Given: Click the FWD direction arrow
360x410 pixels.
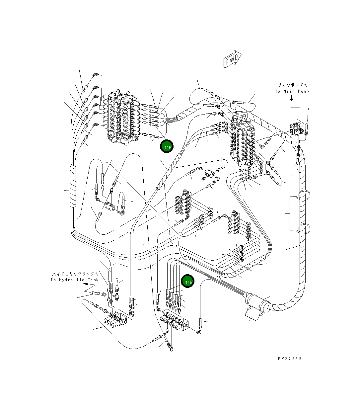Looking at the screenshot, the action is coord(232,59).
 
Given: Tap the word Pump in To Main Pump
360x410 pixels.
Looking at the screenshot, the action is coord(303,91).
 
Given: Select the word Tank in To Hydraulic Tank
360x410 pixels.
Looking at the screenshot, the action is coord(93,280).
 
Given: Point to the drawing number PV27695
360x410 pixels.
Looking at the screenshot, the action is coord(290,359).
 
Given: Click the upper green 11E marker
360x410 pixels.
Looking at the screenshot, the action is coord(167,146).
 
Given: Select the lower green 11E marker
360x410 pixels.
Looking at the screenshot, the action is coord(188,281).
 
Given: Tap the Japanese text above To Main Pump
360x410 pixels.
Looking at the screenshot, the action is coord(292,85).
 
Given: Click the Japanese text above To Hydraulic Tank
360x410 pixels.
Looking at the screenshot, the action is coord(75,274).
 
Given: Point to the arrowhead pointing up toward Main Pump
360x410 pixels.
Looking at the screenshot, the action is coord(291,97).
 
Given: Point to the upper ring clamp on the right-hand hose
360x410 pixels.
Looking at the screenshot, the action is coord(304,195).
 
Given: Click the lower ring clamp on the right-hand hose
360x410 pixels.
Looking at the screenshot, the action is coord(304,229).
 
